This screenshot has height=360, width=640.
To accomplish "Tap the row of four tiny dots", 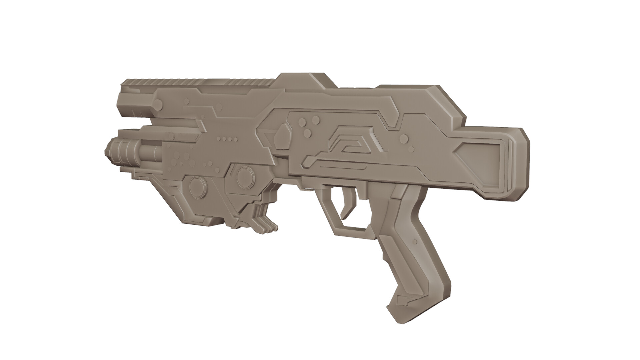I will (227, 138).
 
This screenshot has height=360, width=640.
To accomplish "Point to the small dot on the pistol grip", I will (415, 241).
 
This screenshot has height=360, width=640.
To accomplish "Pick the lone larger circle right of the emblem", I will (403, 138).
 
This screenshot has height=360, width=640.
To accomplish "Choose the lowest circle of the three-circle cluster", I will (309, 134).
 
